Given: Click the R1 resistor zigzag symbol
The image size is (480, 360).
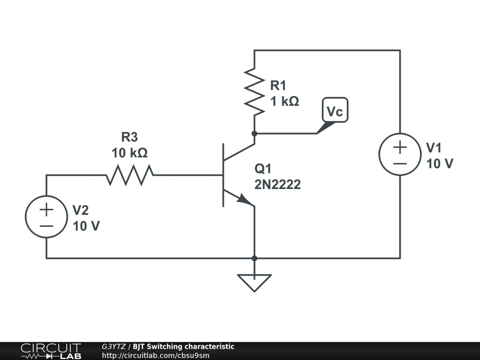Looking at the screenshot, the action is tap(255, 92).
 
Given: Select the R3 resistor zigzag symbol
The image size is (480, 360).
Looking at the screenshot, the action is tap(130, 175).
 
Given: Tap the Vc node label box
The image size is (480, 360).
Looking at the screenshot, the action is tap(335, 110).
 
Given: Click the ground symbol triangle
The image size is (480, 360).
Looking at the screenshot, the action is tap(255, 283).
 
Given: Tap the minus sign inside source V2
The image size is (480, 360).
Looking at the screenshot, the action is tap(46, 226).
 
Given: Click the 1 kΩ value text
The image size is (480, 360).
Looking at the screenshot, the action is tap(285, 101).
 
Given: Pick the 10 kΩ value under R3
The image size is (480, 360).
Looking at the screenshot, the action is tap(129, 153).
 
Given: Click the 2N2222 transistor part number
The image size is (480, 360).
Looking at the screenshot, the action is tap(277, 185).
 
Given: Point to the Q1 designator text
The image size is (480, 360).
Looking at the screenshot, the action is tap(263, 169).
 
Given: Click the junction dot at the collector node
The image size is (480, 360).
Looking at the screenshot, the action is tap(255, 134).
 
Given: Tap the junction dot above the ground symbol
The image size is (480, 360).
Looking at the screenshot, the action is tap(255, 258).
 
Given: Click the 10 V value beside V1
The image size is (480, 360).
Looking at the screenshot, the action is tap(440, 164).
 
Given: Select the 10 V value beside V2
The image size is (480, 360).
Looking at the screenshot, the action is tap(86, 226).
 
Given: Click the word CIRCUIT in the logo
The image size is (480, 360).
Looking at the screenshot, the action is tap(51, 348).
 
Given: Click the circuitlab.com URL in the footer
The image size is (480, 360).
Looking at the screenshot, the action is tap(156, 355).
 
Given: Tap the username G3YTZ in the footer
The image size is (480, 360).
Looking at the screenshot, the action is tap(113, 346).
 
